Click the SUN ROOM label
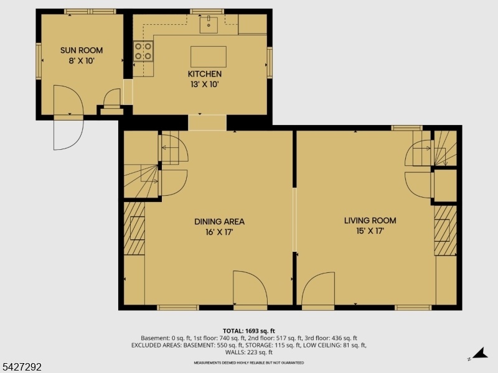[82, 50]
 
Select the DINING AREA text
[219, 221]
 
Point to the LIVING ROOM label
[370, 220]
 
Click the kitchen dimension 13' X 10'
[205, 84]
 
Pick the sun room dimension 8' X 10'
[82, 61]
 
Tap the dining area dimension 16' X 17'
[219, 232]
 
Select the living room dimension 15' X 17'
[370, 231]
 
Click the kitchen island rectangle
[208, 56]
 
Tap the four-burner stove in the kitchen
[144, 51]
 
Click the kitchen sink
[208, 25]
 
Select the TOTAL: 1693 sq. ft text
[249, 331]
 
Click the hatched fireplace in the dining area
[134, 228]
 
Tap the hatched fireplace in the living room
[445, 229]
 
